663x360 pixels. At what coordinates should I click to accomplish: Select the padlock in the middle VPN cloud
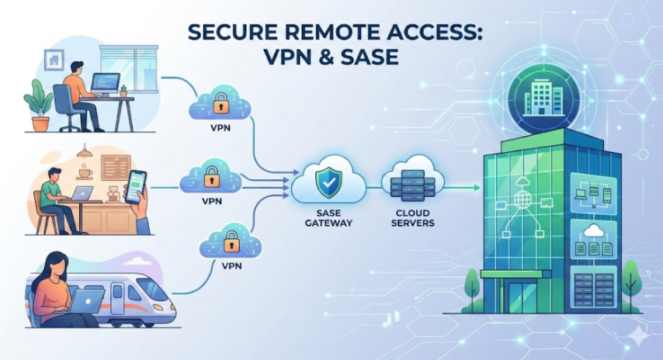click(x=210, y=179)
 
